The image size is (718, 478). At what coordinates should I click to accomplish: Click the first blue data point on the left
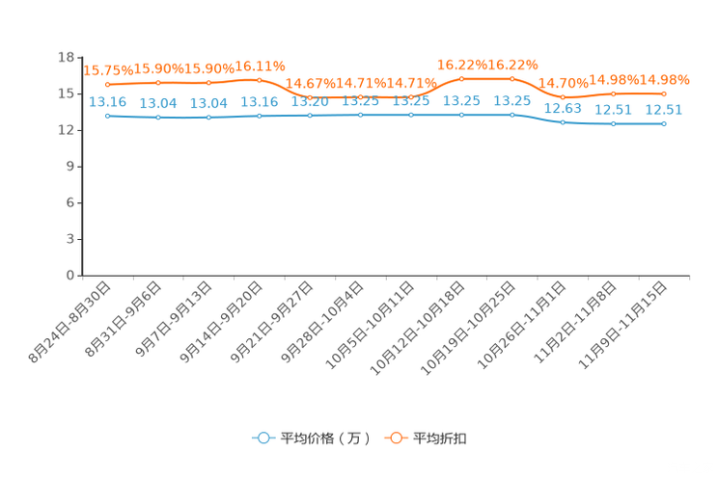107,115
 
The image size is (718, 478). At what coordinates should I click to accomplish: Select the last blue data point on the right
664,124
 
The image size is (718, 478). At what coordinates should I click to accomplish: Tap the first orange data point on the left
107,85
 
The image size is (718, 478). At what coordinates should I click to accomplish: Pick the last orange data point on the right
664,93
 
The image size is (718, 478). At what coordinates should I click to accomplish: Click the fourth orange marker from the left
260,80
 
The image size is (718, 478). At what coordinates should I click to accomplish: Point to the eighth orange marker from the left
462,78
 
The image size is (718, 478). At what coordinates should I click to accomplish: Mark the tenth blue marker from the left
563,122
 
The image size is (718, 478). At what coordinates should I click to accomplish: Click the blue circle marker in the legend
262,438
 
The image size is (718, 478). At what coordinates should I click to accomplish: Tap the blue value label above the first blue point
107,100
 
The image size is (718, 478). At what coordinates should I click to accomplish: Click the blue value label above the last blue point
664,109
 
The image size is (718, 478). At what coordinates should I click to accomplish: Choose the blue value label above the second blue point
158,101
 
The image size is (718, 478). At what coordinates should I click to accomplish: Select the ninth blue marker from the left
512,114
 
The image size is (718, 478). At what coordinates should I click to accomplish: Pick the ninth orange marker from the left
512,78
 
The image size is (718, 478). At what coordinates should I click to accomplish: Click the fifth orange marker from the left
310,97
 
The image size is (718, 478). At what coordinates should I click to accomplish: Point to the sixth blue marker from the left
361,114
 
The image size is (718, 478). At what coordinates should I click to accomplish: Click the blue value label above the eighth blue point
462,99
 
